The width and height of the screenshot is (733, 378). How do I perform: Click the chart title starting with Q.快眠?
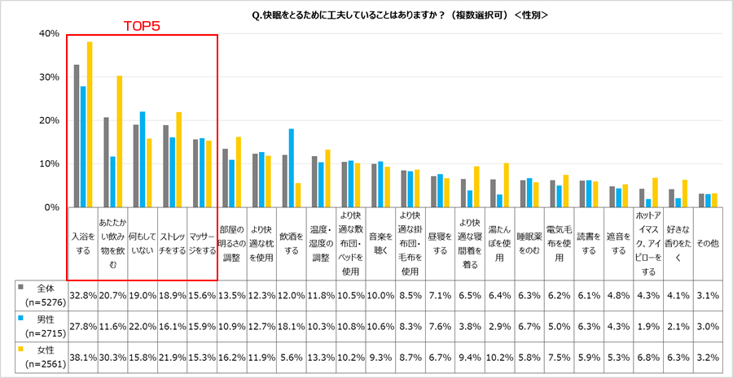point(400,15)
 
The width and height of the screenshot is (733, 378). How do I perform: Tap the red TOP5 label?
point(142,27)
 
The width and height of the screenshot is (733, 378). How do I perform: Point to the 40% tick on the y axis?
point(48,33)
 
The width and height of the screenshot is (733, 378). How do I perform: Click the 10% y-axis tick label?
point(48,164)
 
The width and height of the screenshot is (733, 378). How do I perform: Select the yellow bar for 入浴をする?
point(90,124)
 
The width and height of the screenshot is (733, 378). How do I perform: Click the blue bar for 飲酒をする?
point(292,168)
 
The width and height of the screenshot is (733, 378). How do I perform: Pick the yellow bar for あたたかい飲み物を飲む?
point(119,141)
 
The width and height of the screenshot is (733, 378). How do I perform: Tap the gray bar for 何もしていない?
point(136,166)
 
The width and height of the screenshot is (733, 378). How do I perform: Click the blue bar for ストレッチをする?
point(172,172)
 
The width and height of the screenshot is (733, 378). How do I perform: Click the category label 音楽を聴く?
point(380,244)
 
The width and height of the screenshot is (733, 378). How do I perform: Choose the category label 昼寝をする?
point(440,244)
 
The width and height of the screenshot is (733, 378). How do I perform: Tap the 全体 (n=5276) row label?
point(41,294)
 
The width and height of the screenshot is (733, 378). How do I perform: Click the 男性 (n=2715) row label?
point(41,325)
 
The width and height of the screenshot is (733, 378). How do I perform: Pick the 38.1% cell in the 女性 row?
point(83,358)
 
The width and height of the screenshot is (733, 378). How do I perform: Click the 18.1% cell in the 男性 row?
point(291,326)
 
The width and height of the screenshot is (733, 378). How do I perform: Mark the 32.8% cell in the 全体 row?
point(83,295)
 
